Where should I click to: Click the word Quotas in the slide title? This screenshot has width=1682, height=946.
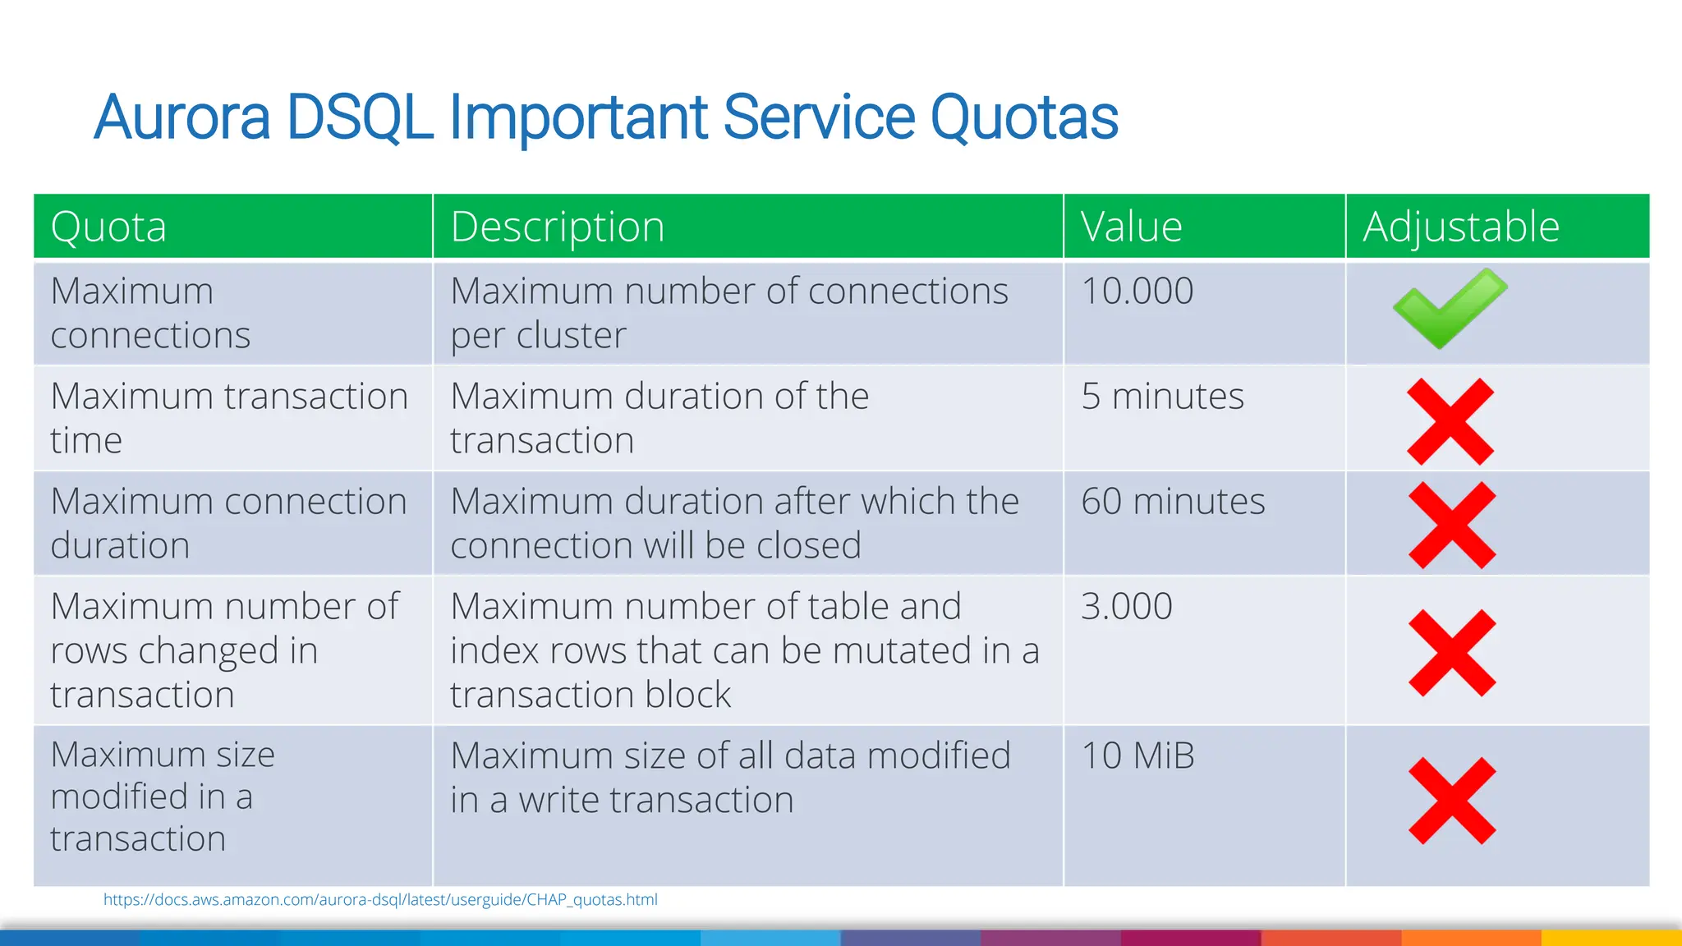[1023, 117]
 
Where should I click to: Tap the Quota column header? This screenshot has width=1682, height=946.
[108, 227]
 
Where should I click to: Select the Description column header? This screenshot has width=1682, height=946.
[557, 227]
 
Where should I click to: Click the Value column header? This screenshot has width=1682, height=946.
[1131, 227]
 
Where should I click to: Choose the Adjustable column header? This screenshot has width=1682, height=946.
[1460, 227]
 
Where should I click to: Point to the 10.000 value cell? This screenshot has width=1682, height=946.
[1137, 292]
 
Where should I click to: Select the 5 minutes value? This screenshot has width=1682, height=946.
[1162, 397]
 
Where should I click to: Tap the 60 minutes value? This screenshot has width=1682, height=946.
[1173, 502]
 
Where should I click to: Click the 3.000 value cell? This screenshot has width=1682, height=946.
[1126, 607]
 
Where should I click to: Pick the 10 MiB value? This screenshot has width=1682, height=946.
[1137, 756]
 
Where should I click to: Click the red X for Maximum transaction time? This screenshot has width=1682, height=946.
[1450, 421]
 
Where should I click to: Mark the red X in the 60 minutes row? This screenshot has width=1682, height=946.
[1451, 526]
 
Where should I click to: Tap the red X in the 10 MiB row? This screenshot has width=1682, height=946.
[1451, 801]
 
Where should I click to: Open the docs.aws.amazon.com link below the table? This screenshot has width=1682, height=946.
[380, 900]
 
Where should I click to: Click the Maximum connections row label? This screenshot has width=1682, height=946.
[150, 314]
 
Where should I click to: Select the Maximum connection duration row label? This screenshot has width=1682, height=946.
[228, 524]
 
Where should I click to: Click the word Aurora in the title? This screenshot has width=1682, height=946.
[182, 117]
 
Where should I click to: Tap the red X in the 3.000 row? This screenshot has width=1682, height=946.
[1451, 653]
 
